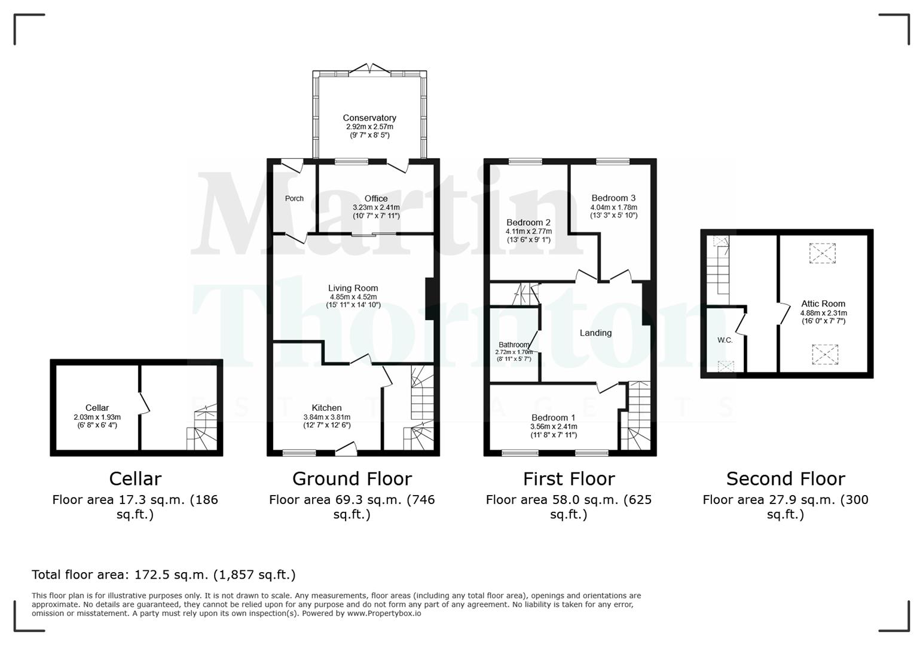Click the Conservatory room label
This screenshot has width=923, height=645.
369,118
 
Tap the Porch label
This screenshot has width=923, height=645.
294,198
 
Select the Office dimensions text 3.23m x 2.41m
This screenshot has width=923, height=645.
376,207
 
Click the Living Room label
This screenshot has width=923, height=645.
353,288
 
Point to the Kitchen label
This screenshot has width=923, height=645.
326,408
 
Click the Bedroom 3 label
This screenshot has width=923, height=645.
613,198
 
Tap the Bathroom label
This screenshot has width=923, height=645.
514,345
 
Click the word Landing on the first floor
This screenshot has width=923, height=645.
595,333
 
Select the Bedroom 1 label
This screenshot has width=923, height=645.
554,417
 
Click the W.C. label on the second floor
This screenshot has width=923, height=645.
725,340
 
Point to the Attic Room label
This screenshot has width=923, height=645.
823,303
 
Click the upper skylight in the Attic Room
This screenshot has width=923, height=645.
823,253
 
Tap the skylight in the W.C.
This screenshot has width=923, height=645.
726,366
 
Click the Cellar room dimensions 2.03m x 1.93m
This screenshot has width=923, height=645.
97,417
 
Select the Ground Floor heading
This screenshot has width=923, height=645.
352,478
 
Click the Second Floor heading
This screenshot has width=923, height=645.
786,478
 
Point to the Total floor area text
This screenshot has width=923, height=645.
163,575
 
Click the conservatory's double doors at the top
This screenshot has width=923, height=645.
369,69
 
